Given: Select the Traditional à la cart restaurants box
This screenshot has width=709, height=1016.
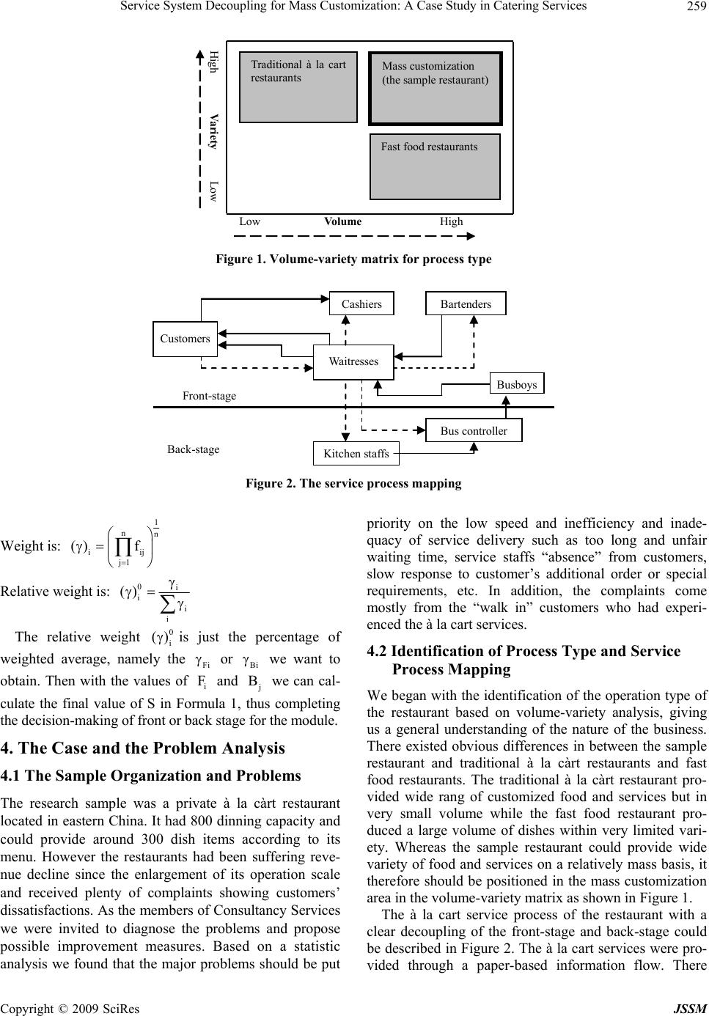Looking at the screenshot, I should click(298, 86).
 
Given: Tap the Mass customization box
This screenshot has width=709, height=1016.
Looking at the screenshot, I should click(435, 88).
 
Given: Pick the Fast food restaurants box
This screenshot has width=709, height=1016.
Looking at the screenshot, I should click(435, 166).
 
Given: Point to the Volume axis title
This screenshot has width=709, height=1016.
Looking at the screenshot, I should click(342, 221).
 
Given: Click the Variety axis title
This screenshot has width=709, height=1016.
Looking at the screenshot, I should click(213, 131).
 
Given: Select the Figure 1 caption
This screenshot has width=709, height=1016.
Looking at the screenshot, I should click(353, 259).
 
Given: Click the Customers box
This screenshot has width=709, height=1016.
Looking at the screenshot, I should click(185, 339).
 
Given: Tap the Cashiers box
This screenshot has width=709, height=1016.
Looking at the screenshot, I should click(361, 303).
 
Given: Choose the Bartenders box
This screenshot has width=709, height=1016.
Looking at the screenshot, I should click(466, 303).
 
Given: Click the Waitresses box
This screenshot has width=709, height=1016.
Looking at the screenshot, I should click(353, 362).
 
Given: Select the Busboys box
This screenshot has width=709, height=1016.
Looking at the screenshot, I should click(516, 384).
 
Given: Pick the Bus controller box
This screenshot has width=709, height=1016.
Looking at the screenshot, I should click(474, 430).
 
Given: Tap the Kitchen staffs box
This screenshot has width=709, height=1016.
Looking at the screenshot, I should click(356, 454).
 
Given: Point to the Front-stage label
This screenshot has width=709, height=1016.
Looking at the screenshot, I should click(209, 396).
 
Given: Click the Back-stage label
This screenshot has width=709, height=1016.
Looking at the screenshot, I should click(193, 449).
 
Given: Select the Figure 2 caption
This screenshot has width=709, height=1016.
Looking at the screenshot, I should click(353, 484).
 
